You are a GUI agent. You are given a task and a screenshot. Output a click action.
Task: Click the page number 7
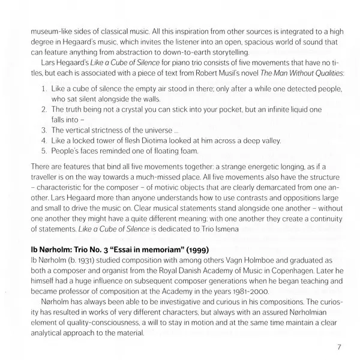click(339, 347)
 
